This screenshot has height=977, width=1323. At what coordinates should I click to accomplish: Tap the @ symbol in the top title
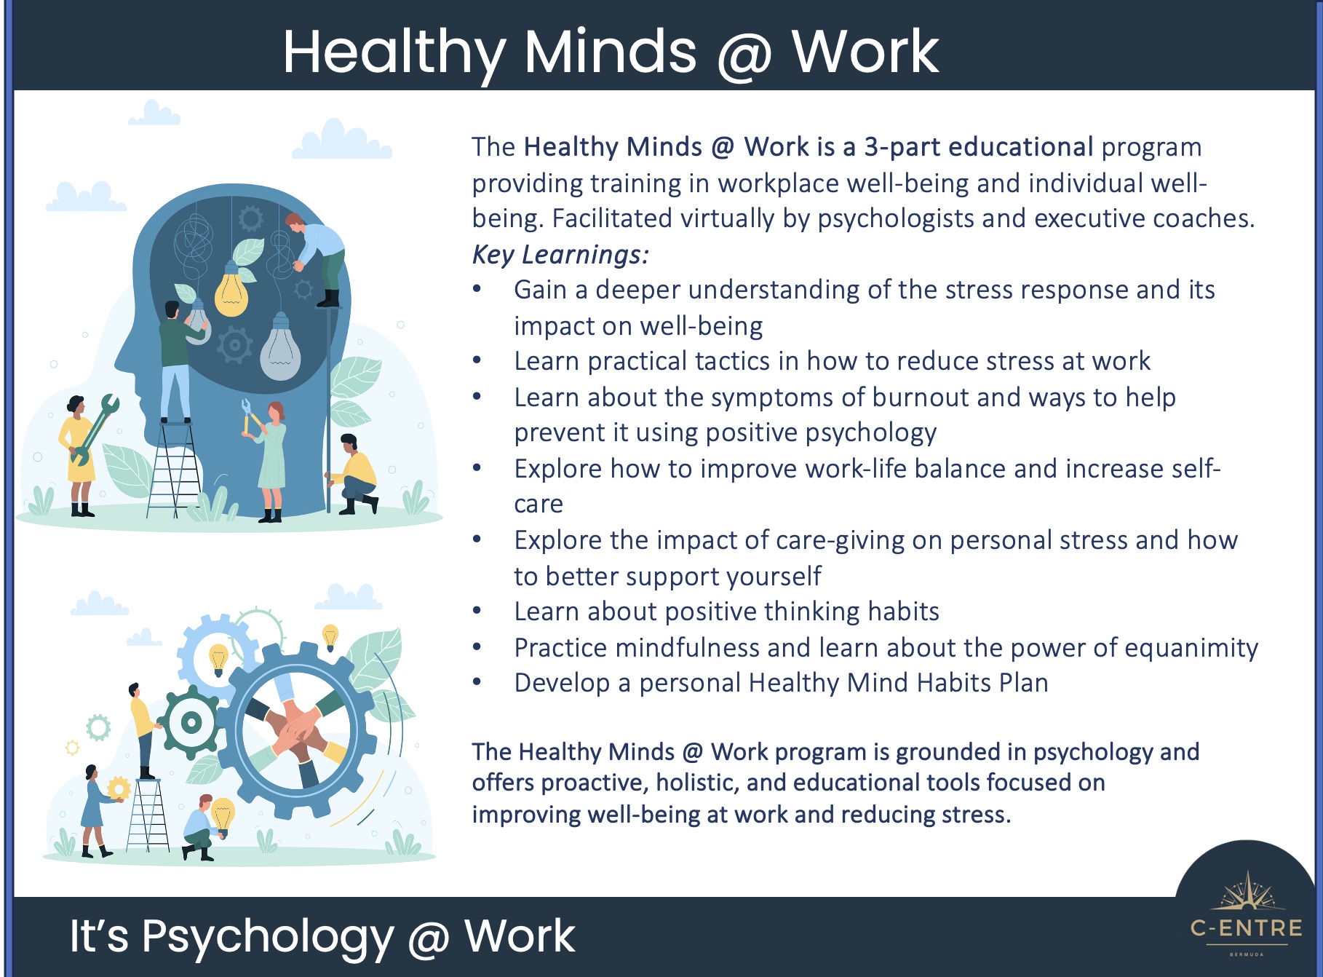point(744,55)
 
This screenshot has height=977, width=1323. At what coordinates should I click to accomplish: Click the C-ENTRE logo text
point(1247,927)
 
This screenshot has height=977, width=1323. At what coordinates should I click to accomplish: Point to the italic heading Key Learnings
point(560,255)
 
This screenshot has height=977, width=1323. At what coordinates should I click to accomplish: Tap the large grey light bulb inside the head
point(280,347)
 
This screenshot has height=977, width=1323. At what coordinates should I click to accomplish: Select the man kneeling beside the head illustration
point(351,474)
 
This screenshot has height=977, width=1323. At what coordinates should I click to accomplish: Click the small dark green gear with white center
point(190,723)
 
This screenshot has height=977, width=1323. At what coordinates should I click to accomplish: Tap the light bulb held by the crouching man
point(223,815)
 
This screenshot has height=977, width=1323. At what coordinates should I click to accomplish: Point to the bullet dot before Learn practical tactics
point(477,360)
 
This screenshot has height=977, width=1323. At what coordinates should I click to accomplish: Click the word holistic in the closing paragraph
point(696,783)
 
